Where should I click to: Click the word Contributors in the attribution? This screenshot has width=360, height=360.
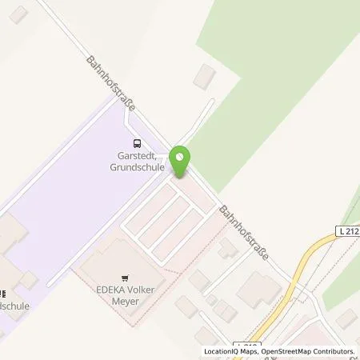point(337,352)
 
